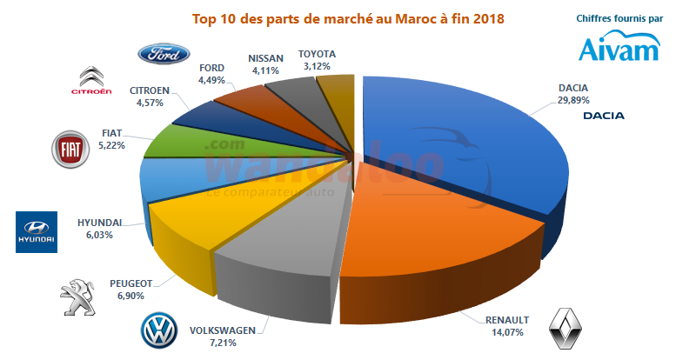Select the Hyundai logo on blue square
(x=37, y=232)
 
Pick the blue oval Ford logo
(x=164, y=55)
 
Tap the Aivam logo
(x=619, y=47)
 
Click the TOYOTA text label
(x=317, y=54)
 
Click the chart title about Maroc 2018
(x=347, y=17)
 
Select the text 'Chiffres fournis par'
(x=619, y=17)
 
